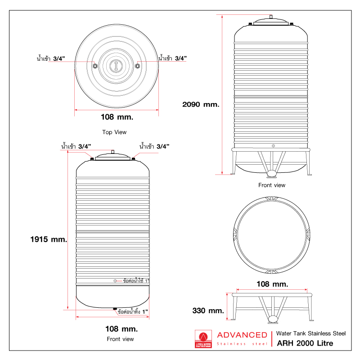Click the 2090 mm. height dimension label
click(201, 104)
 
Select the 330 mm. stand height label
click(208, 310)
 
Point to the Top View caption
click(114, 132)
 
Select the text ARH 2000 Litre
click(305, 344)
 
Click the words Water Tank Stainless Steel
click(310, 333)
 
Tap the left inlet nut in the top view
click(94, 66)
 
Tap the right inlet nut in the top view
click(138, 66)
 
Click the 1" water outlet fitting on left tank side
click(115, 281)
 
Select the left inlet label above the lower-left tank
click(76, 146)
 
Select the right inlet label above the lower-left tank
click(154, 146)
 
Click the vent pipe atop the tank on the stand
click(271, 17)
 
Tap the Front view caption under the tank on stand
click(272, 185)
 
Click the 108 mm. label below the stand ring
click(272, 284)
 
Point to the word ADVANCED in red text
click(242, 335)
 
